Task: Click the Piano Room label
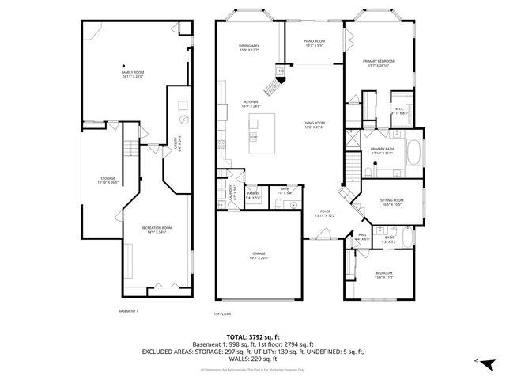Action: click(x=314, y=43)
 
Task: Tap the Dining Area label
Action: click(x=250, y=48)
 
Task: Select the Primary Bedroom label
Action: click(x=378, y=63)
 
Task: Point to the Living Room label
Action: click(x=314, y=124)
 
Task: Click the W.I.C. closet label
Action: click(x=399, y=111)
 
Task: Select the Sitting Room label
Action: click(x=392, y=203)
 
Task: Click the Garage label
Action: click(x=259, y=256)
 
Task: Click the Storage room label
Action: click(x=108, y=180)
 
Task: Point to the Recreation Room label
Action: click(x=157, y=230)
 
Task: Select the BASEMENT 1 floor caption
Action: click(x=129, y=311)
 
